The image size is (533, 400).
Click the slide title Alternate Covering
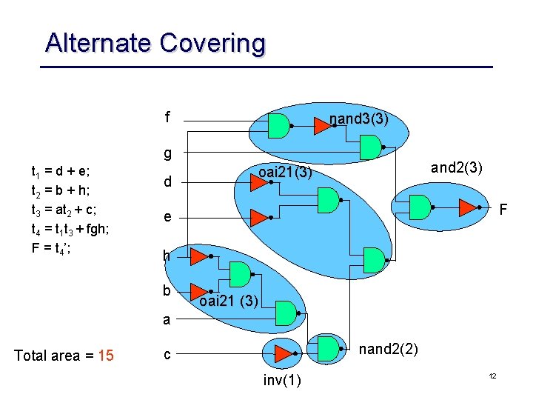[x=155, y=43]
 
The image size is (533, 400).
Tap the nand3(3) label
[x=359, y=119]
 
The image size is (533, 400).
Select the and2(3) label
[x=456, y=167]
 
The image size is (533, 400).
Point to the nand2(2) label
[x=388, y=349]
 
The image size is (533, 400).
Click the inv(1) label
[x=282, y=380]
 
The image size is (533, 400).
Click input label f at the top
[x=168, y=117]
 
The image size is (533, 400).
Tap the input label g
[x=168, y=153]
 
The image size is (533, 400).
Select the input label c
[x=167, y=354]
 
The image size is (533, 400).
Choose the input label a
[x=167, y=320]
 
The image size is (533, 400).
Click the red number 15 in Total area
[x=106, y=356]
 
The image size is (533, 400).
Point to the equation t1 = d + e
[x=61, y=172]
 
